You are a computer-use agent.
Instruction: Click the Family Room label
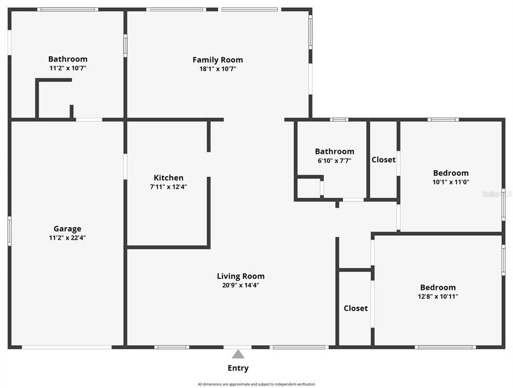click(218, 60)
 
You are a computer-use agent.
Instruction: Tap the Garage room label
click(67, 228)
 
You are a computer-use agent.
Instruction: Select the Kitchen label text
click(169, 178)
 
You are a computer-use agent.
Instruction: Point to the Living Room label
click(241, 276)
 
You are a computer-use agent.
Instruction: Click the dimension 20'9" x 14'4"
click(241, 286)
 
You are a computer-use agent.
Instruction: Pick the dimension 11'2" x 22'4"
click(67, 238)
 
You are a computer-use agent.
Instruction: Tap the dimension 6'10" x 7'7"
click(334, 161)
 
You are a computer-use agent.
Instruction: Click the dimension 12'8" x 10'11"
click(438, 296)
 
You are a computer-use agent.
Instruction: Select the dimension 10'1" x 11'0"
click(451, 182)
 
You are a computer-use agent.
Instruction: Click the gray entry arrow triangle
click(238, 354)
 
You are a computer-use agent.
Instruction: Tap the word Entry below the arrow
click(238, 369)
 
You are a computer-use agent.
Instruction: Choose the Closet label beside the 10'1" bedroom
click(384, 160)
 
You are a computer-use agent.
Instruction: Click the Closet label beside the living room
click(356, 308)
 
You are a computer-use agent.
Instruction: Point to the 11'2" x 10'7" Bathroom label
click(68, 59)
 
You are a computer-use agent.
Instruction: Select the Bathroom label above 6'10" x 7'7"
click(335, 151)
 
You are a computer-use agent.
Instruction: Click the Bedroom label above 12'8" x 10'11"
click(438, 288)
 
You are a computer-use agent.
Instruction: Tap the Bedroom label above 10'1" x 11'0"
click(451, 173)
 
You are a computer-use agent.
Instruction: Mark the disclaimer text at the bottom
click(256, 384)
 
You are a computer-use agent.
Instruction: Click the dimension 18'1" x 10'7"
click(218, 69)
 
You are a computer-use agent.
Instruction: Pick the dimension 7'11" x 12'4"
click(169, 187)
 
